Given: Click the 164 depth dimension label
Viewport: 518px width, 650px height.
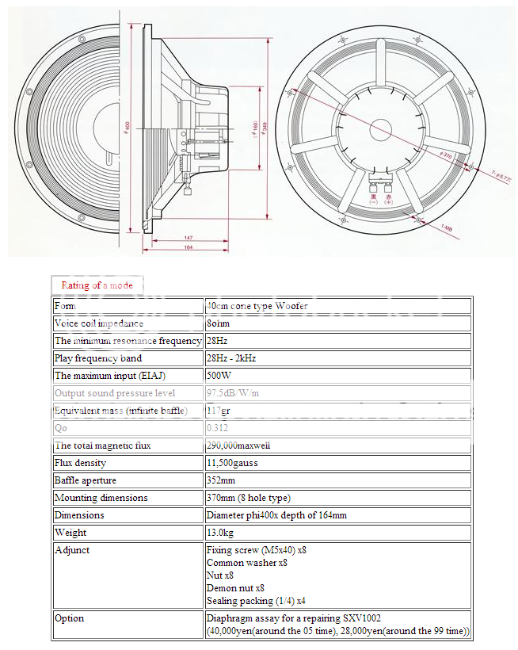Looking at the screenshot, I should click(188, 248).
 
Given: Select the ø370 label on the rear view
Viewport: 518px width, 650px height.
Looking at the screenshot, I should click(446, 155).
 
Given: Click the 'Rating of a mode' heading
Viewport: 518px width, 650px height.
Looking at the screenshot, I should click(97, 285).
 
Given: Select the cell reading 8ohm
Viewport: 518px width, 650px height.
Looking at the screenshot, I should click(219, 323).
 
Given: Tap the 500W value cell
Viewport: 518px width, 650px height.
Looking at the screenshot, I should click(219, 376).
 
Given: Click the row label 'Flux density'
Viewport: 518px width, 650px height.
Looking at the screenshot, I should click(80, 463).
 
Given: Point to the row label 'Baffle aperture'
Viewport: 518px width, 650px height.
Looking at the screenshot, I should click(85, 480).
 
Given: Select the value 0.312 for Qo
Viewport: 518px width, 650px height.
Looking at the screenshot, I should click(218, 428).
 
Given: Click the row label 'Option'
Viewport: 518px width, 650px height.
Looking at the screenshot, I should click(69, 618).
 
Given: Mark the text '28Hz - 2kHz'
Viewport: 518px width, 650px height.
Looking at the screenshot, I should click(230, 358).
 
